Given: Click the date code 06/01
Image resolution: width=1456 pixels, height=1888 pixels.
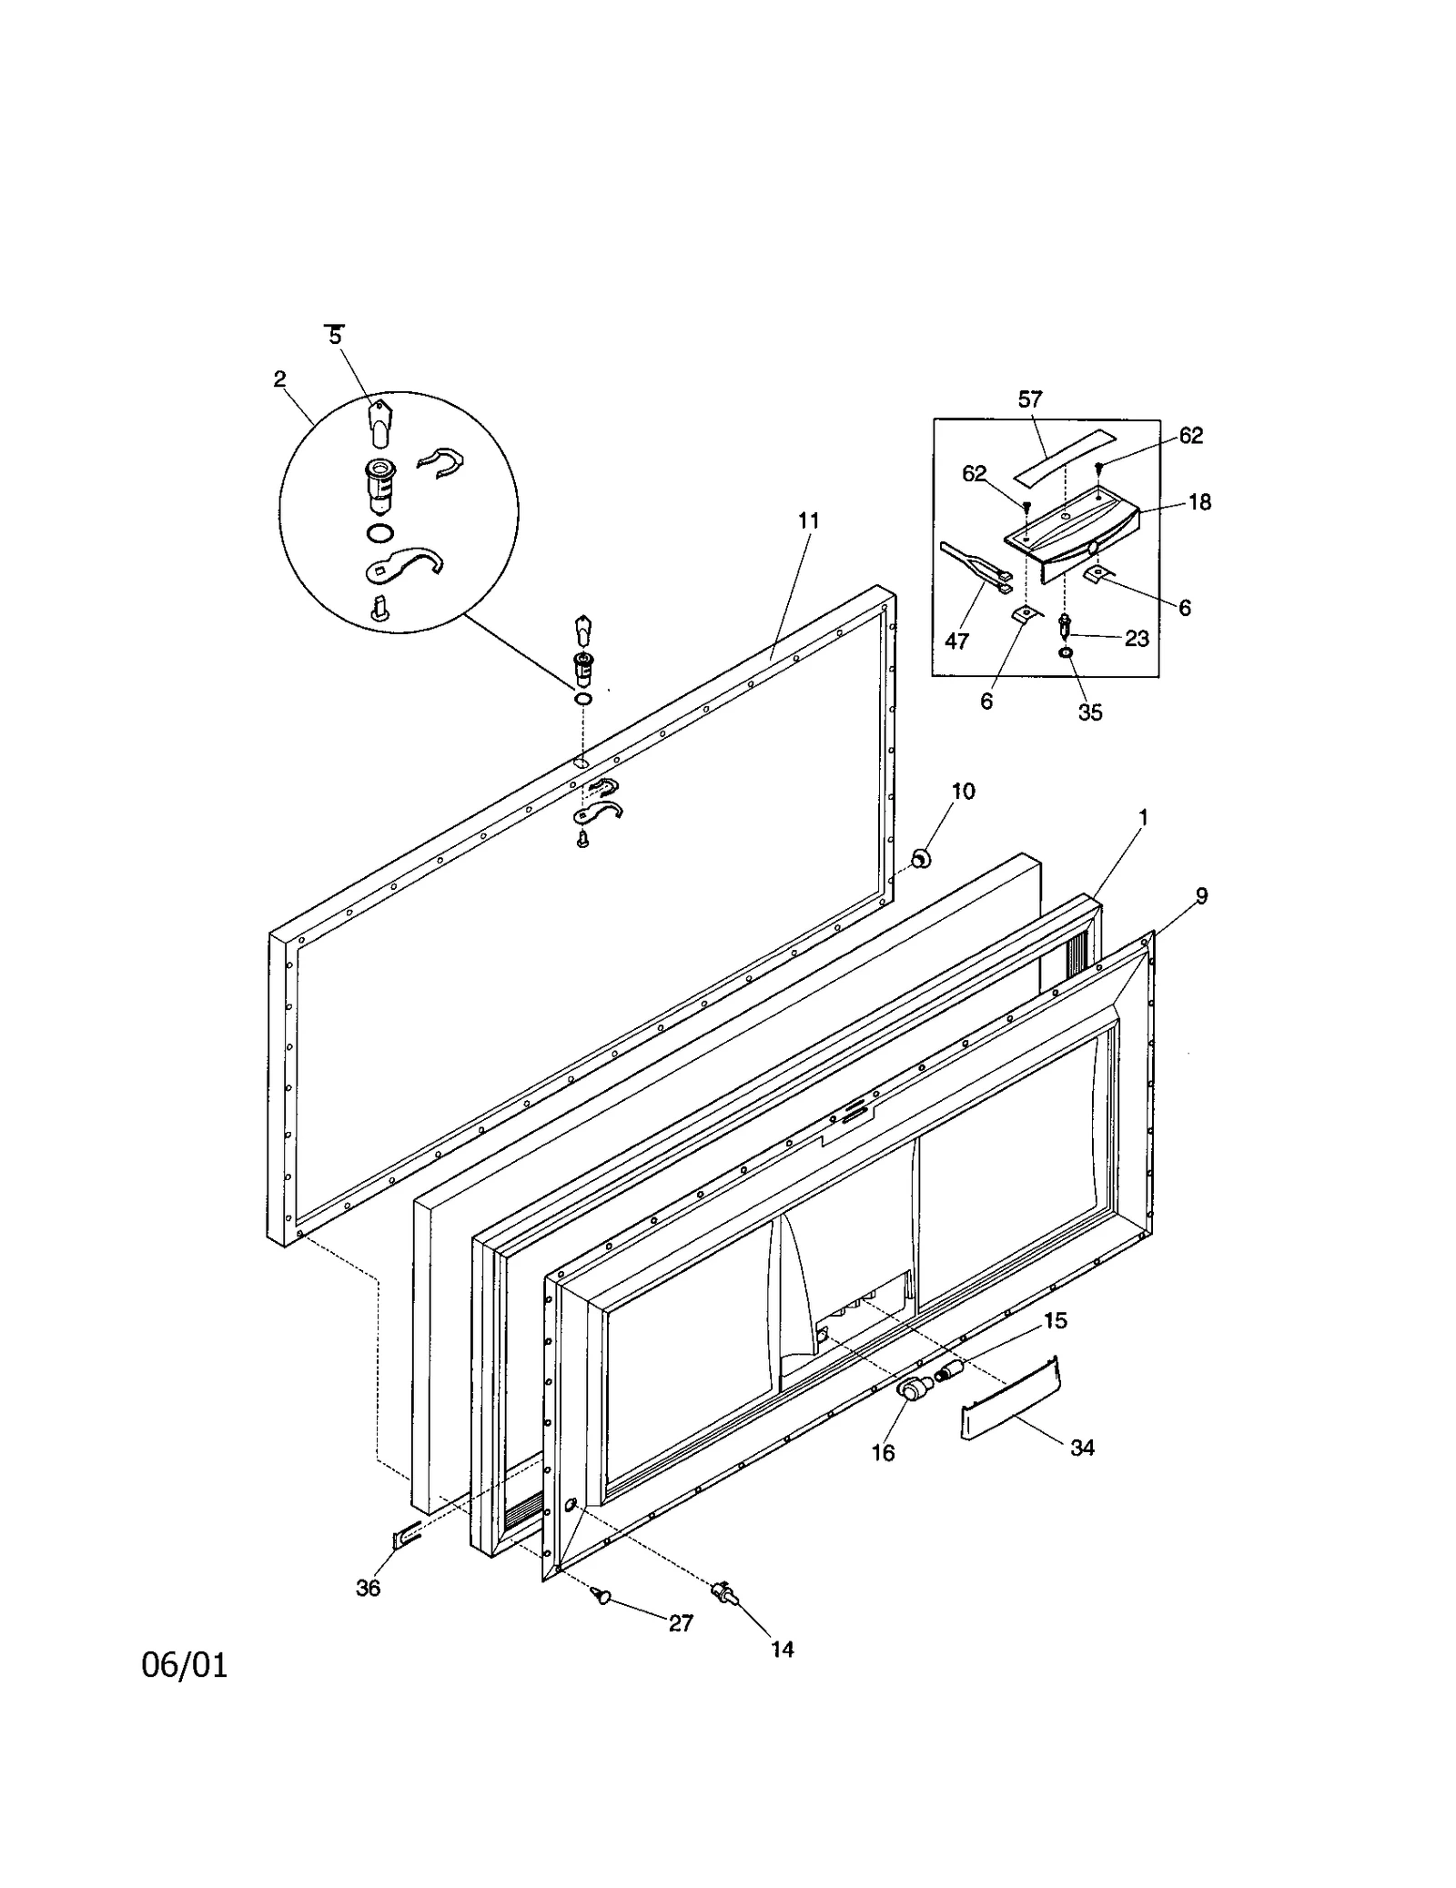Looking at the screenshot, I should pos(185,1665).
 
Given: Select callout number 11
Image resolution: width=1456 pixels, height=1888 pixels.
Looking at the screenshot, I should pos(808,521).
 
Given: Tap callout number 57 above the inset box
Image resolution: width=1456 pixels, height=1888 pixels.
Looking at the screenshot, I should pos(1030,399).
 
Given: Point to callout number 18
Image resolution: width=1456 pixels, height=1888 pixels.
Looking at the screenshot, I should pos(1199,502).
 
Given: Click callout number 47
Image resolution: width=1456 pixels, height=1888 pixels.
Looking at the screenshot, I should pos(956,641).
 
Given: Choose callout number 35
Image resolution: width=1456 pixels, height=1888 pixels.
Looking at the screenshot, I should pos(1090,712).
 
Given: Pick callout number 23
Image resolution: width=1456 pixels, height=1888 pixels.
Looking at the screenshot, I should pos(1137,639).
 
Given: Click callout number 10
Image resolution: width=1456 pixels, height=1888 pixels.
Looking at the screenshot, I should pos(963,792).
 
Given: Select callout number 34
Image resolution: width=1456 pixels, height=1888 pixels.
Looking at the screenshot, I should pos(1082,1448).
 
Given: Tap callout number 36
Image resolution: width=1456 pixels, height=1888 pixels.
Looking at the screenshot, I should pos(368,1588).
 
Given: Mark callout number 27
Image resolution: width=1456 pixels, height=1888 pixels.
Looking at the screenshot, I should pos(681,1623).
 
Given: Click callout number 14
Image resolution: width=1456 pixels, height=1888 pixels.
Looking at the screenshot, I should pos(783,1649).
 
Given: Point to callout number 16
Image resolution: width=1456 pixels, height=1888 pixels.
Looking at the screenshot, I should pos(883,1453).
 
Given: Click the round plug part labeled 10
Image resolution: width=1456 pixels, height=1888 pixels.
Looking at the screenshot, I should pos(921,857).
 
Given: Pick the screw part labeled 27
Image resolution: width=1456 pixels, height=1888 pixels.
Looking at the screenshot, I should pos(601,1594).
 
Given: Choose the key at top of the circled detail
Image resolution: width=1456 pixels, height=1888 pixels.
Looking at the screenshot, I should pos(379,422).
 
